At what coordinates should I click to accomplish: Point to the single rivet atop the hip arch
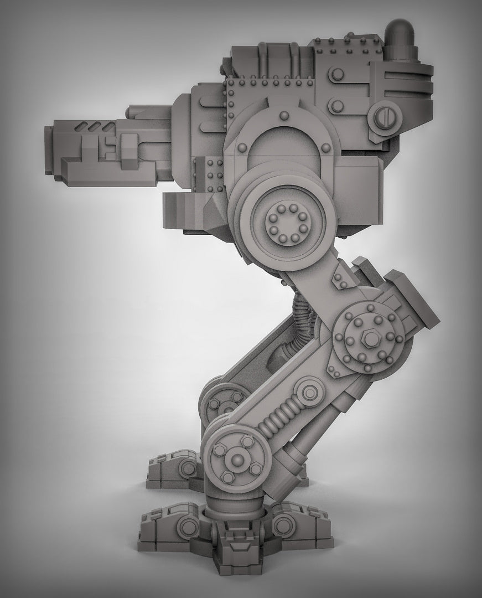coord(284,115)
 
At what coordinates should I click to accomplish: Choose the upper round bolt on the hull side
coord(336,74)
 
